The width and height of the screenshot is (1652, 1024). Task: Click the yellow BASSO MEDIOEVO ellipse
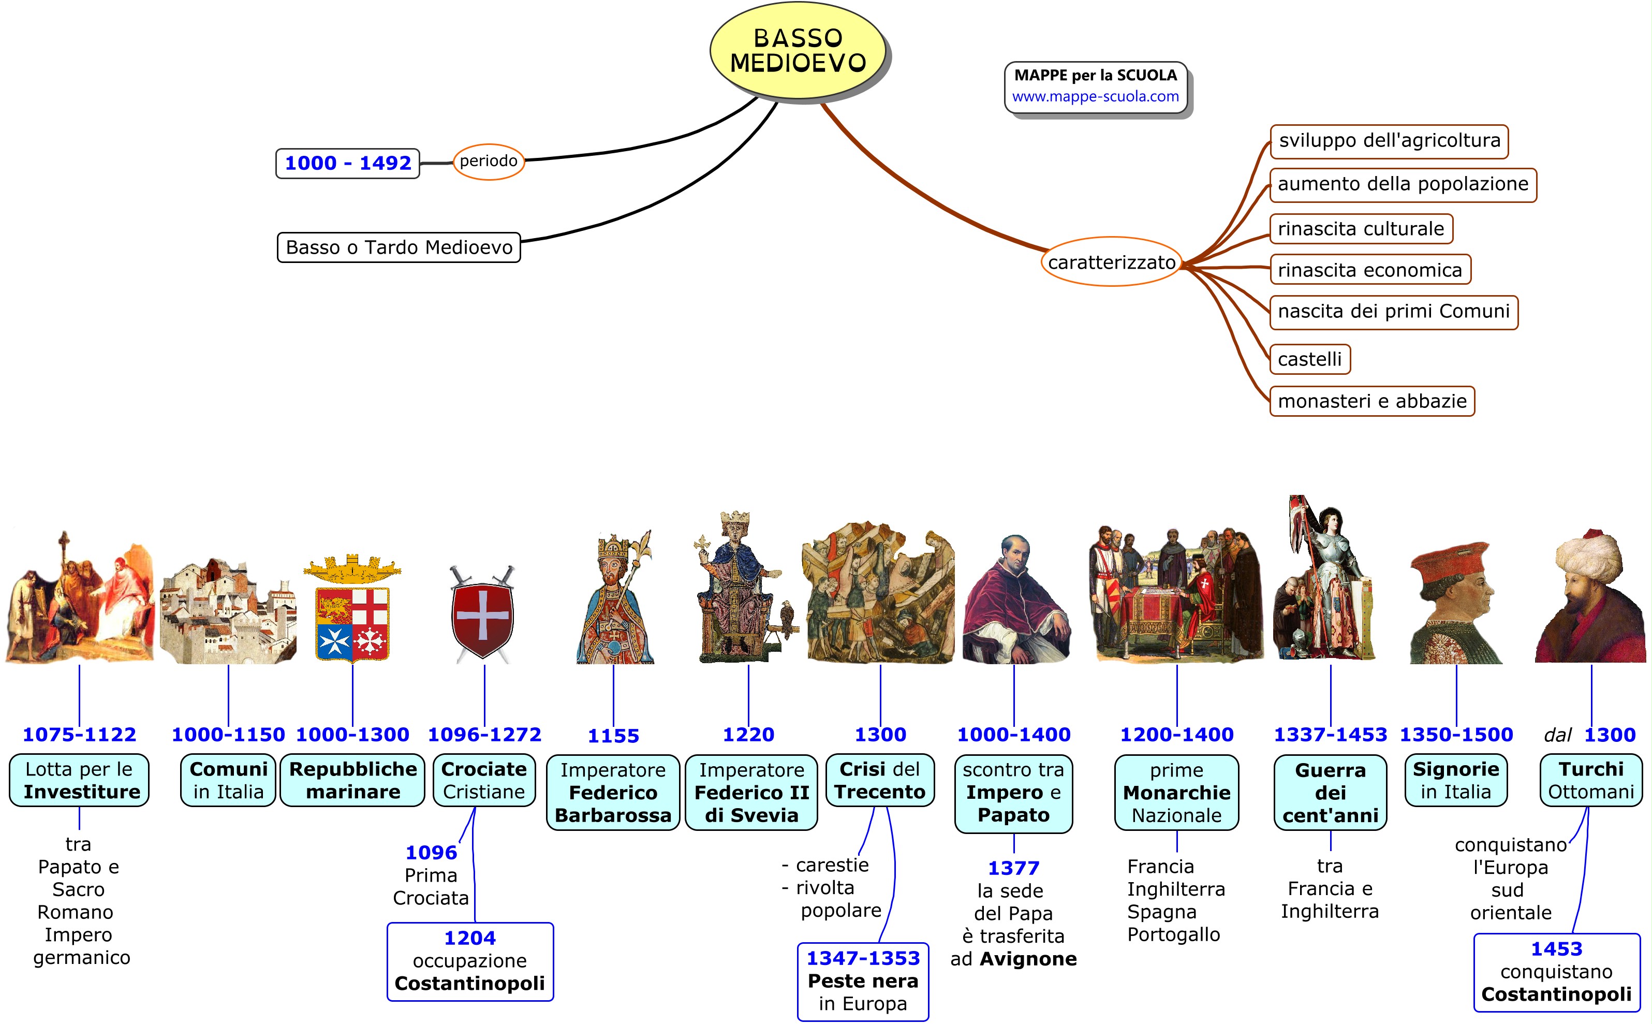coord(798,51)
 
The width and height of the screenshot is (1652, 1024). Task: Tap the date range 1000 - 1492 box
coord(347,163)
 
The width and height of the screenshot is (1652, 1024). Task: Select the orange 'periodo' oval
coord(488,161)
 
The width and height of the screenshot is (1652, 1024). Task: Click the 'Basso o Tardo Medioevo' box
coord(399,247)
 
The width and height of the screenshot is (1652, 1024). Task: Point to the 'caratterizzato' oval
coord(1111,262)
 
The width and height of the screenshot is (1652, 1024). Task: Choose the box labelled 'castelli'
coord(1309,359)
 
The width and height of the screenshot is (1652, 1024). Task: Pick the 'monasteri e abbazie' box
coord(1371,401)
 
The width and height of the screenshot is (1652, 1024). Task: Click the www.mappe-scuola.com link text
coord(1095,97)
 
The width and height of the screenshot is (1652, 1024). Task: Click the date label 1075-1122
coord(79,734)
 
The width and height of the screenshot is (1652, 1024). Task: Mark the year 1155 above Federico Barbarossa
coord(613,736)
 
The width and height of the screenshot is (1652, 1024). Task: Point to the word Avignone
coord(1028,959)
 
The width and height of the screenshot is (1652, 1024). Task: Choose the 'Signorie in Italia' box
coord(1456,780)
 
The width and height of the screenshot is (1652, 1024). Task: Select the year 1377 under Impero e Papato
coord(1013,868)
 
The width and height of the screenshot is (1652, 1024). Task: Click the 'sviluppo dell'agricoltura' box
coord(1389,141)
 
